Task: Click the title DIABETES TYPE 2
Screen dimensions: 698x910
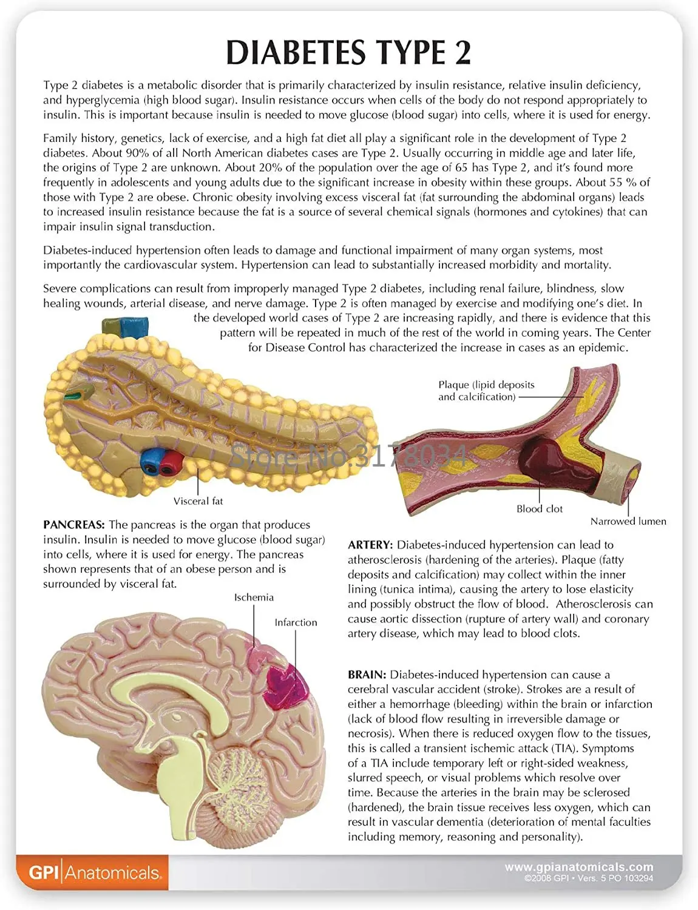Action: pyautogui.click(x=348, y=52)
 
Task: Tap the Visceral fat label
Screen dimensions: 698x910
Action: pyautogui.click(x=198, y=501)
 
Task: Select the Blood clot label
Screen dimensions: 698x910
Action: pyautogui.click(x=539, y=509)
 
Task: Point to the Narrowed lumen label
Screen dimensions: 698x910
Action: pyautogui.click(x=628, y=521)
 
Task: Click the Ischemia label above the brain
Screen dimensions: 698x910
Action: pyautogui.click(x=254, y=597)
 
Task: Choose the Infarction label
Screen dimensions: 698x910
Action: pyautogui.click(x=296, y=622)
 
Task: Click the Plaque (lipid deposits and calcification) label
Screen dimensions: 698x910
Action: pyautogui.click(x=486, y=391)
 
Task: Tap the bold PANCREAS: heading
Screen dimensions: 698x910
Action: pyautogui.click(x=74, y=525)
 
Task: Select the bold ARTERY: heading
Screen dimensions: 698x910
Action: pyautogui.click(x=370, y=545)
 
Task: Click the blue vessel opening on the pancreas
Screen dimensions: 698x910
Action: pyautogui.click(x=151, y=462)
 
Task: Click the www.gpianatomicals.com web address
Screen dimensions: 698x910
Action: pyautogui.click(x=579, y=867)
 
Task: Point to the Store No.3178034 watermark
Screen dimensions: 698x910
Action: pyautogui.click(x=348, y=456)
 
